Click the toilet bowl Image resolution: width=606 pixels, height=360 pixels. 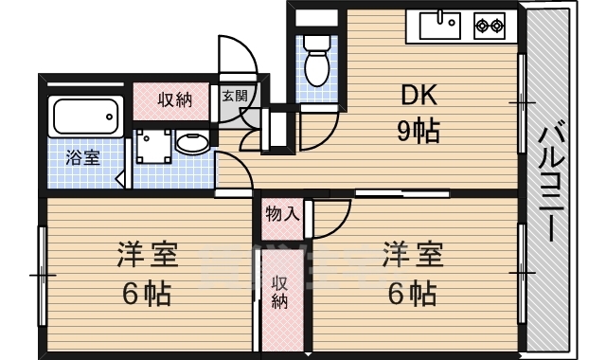pyautogui.click(x=315, y=63)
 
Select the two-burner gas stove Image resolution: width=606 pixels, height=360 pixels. pyautogui.click(x=490, y=25)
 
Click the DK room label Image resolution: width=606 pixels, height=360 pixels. pyautogui.click(x=417, y=95)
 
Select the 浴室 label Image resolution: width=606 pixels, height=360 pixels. pyautogui.click(x=81, y=157)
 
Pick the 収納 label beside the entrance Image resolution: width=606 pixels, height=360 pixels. pyautogui.click(x=175, y=99)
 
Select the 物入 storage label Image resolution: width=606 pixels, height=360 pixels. pyautogui.click(x=282, y=213)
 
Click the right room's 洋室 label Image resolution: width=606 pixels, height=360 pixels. pyautogui.click(x=412, y=255)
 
